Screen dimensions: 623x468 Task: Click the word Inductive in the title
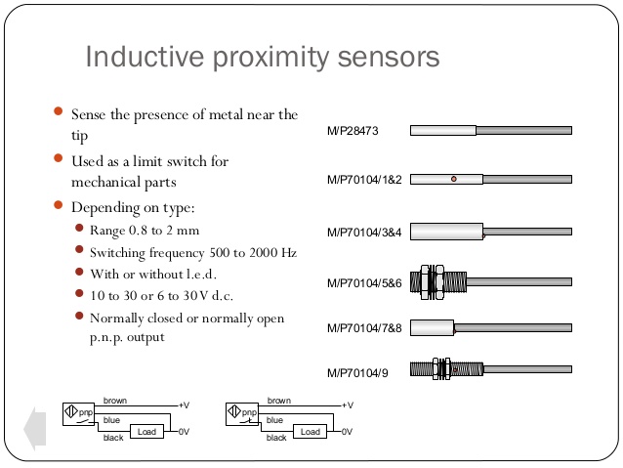145,57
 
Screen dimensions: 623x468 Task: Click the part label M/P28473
353,131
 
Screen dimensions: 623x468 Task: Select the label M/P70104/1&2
364,180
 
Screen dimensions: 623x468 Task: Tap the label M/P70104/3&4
364,233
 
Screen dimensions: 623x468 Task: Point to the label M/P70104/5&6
364,283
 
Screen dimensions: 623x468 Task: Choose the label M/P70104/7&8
364,328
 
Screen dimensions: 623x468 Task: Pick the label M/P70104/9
357,373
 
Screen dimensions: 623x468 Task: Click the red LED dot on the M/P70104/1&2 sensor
454,179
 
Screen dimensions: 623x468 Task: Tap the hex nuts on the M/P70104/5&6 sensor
432,282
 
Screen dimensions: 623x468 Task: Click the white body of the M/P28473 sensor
443,130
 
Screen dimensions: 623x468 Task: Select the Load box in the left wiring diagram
147,432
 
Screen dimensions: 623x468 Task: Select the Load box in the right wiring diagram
310,432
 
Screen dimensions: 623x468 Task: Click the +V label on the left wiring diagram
184,405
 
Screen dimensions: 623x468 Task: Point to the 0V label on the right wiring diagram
347,432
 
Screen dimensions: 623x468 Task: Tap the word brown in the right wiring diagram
279,401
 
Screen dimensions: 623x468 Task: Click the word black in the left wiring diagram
113,438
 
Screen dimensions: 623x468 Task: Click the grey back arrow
35,429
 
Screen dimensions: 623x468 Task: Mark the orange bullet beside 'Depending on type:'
58,205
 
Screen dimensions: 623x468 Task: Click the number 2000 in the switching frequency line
264,253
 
